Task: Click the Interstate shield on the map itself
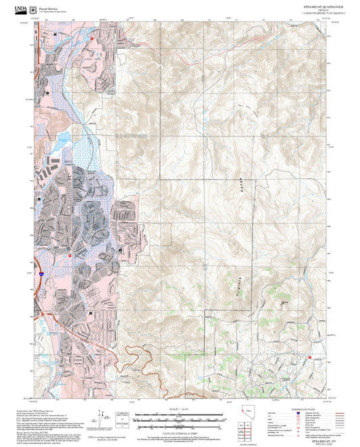click(41, 273)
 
